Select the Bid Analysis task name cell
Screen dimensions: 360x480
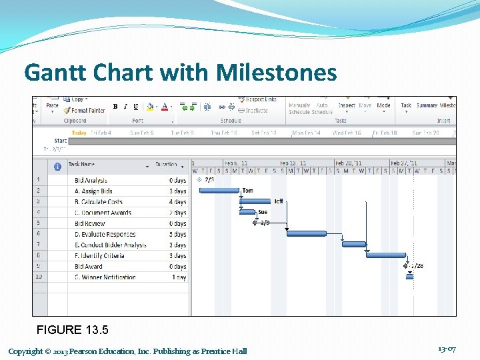(x=91, y=181)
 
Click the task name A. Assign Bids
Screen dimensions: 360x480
(x=93, y=191)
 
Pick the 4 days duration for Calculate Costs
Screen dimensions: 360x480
(x=178, y=202)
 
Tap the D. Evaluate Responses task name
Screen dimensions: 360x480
(x=105, y=234)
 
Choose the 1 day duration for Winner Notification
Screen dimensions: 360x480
(x=179, y=277)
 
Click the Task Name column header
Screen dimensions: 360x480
(x=81, y=164)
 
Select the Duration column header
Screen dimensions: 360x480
(x=166, y=164)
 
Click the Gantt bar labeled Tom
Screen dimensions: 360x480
(x=219, y=191)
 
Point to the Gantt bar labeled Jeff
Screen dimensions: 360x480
(x=256, y=201)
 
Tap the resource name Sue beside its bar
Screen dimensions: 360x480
(x=263, y=212)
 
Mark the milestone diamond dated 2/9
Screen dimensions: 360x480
(x=256, y=223)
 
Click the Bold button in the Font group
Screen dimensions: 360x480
(x=115, y=107)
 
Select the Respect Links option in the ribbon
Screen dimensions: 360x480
(x=261, y=100)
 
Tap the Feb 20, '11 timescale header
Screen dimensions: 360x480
(x=349, y=163)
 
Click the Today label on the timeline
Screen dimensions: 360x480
(x=79, y=133)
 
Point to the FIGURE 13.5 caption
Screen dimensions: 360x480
(x=72, y=330)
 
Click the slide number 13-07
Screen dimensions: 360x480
(x=447, y=349)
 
